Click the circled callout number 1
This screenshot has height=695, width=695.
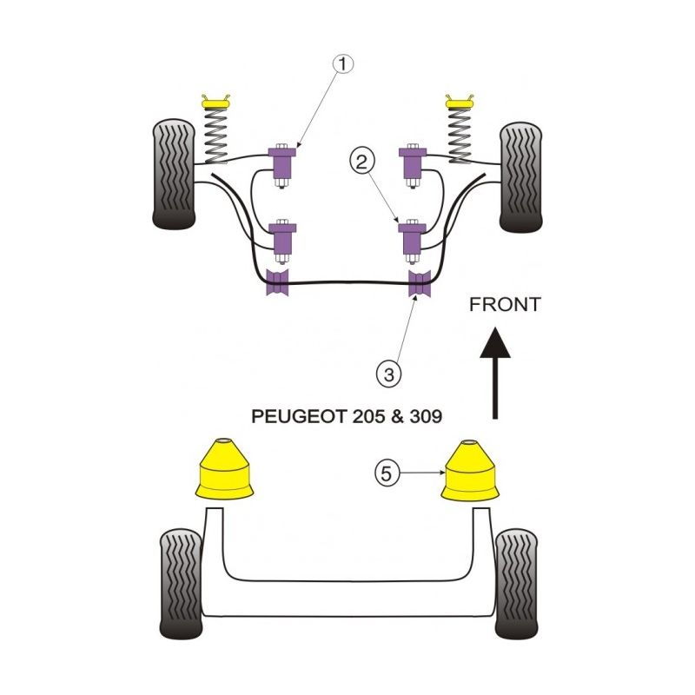click(x=343, y=63)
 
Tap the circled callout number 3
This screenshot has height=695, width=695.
click(x=387, y=374)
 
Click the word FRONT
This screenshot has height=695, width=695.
click(x=504, y=304)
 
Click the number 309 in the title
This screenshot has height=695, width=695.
click(x=425, y=415)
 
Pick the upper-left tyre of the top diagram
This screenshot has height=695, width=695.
click(x=174, y=175)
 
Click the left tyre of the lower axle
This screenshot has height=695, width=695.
click(x=182, y=583)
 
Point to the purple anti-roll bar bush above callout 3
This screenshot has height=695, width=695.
click(x=420, y=283)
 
